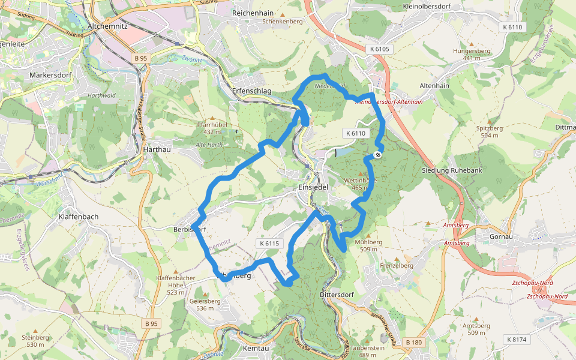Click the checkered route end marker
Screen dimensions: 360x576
tap(378, 155)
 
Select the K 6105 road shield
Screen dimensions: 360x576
tap(379, 49)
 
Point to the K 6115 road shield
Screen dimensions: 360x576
tap(269, 244)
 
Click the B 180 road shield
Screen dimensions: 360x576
tap(414, 342)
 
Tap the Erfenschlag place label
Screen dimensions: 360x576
tap(251, 91)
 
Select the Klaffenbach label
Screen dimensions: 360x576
tap(79, 216)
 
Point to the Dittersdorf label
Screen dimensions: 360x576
tap(339, 295)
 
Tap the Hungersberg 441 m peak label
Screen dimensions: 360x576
tap(472, 54)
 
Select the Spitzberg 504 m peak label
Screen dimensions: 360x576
tap(489, 131)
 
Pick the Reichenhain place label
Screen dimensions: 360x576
tap(253, 12)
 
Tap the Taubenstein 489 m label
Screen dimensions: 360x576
tap(367, 351)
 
